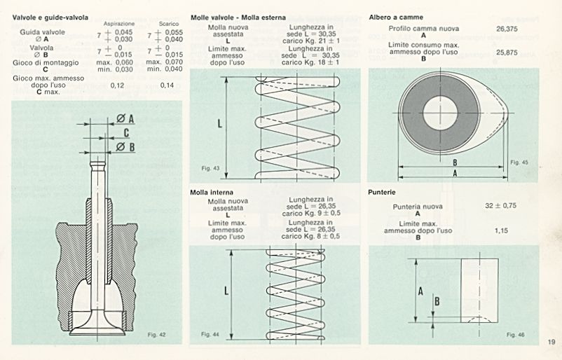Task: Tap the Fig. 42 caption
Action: point(158,335)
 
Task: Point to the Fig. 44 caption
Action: point(210,334)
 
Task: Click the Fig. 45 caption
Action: point(519,162)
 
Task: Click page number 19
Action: point(551,342)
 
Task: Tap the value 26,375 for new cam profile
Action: point(507,29)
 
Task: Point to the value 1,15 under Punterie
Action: point(501,230)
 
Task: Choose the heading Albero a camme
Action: point(396,16)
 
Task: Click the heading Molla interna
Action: point(212,191)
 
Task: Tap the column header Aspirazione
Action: point(118,23)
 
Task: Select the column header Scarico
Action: point(164,23)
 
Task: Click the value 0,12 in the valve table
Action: point(117,85)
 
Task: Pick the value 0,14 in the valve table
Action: point(167,85)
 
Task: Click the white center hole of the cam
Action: point(439,115)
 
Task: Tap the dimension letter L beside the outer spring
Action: point(221,123)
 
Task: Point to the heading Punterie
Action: point(383,191)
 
